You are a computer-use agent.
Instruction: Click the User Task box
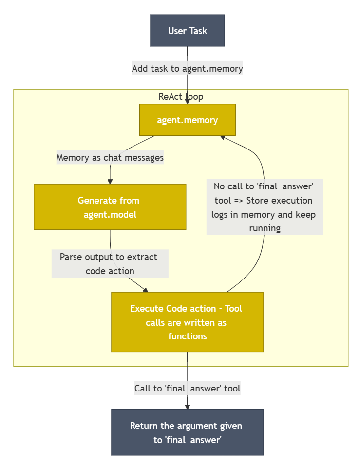(x=188, y=31)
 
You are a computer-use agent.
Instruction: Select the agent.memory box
(x=188, y=120)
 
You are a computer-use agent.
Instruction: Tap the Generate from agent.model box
(x=110, y=207)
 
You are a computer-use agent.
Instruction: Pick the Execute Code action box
(x=188, y=322)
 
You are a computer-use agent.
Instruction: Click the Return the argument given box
(x=188, y=432)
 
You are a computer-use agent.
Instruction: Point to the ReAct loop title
(x=181, y=96)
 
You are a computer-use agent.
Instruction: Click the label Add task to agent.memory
(x=188, y=68)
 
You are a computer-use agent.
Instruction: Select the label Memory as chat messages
(x=110, y=157)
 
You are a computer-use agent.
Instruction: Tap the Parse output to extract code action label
(x=110, y=263)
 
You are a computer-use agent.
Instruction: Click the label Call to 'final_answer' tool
(x=188, y=388)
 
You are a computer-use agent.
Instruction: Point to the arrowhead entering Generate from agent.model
(x=110, y=181)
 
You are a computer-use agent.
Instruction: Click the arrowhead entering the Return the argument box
(x=188, y=407)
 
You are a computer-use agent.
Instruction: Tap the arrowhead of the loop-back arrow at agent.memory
(x=223, y=137)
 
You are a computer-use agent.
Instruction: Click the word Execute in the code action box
(x=147, y=308)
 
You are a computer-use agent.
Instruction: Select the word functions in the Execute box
(x=188, y=336)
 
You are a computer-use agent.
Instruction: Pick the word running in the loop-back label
(x=265, y=228)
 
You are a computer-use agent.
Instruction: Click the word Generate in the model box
(x=97, y=200)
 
